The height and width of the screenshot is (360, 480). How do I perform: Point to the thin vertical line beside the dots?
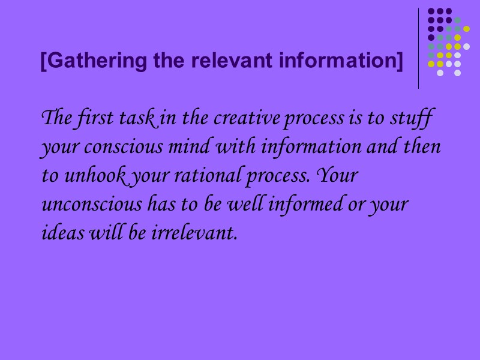pos(419,48)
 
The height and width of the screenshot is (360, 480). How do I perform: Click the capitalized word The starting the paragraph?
pos(56,118)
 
